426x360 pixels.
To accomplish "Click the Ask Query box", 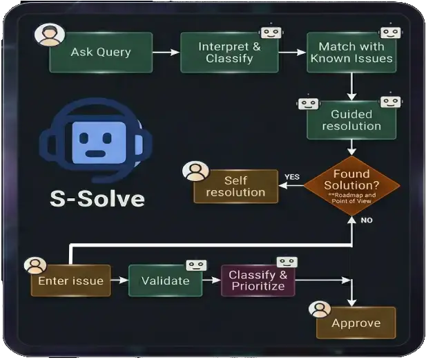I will (x=101, y=53).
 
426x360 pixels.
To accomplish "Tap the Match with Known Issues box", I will (x=351, y=53).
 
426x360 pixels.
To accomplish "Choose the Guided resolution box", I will (x=351, y=120).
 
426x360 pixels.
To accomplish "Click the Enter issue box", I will (x=70, y=281).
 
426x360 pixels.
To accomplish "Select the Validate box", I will (x=166, y=281).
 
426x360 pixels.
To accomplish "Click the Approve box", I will (x=356, y=323).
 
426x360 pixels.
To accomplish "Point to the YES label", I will (x=291, y=178).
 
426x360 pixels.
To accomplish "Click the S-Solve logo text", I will (x=97, y=198).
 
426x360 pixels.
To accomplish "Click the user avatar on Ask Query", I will (x=50, y=36).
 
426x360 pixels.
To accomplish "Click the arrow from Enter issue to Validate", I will (x=119, y=281).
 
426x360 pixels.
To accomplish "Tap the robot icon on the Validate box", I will (x=196, y=265).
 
